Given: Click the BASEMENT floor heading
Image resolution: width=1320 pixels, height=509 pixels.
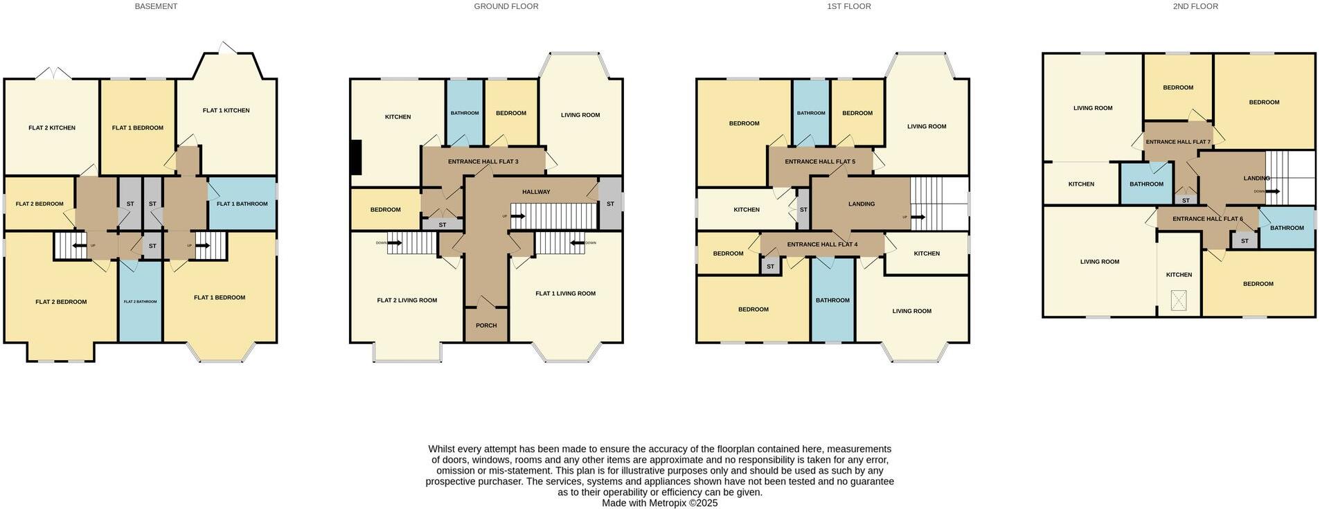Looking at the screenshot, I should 156,6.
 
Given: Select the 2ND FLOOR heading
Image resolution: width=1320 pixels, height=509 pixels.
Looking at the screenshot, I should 1195,6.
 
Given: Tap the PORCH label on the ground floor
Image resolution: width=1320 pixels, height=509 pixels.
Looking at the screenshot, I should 486,325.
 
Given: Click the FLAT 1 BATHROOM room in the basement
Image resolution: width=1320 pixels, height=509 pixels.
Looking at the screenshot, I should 242,204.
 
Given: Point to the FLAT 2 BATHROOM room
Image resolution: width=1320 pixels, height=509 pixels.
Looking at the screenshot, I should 141,301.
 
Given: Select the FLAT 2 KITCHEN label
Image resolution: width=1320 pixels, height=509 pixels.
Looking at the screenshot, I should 52,127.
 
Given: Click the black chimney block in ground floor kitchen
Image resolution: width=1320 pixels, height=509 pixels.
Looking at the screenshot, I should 356,158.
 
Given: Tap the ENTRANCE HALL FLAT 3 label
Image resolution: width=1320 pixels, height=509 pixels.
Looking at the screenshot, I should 483,161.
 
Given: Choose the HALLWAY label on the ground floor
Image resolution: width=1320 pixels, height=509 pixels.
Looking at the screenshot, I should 536,192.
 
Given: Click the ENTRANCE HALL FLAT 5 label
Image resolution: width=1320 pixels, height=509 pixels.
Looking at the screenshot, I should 819,161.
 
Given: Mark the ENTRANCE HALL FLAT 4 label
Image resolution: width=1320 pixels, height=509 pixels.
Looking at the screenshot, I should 822,244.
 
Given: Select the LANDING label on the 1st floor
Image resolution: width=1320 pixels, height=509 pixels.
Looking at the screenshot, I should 862,204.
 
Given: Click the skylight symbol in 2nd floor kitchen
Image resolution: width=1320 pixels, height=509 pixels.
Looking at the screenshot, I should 1178,300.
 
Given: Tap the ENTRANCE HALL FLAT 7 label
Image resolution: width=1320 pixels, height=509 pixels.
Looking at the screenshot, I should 1178,142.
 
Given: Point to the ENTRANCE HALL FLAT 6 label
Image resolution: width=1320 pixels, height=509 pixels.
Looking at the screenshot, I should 1207,219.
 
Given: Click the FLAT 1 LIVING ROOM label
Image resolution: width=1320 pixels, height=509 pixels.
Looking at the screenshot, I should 565,294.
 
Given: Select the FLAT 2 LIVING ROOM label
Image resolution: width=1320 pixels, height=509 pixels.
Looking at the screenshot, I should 407,301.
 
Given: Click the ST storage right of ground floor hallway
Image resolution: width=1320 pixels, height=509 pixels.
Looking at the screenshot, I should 610,204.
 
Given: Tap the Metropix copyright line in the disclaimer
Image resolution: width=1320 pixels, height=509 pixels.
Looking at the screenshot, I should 659,503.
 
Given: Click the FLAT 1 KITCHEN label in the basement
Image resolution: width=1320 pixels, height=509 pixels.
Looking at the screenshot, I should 226,110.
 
